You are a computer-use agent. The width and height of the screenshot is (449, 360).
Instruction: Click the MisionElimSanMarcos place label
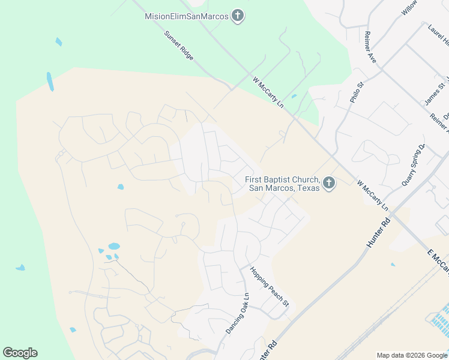pyautogui.click(x=187, y=16)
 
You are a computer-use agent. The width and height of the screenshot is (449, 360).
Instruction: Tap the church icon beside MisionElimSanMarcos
pyautogui.click(x=238, y=16)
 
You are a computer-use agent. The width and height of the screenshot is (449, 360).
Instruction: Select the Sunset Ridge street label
pyautogui.click(x=179, y=45)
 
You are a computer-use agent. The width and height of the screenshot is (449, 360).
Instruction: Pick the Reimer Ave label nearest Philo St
pyautogui.click(x=370, y=47)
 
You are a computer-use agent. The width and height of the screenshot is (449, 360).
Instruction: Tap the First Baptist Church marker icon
pyautogui.click(x=328, y=183)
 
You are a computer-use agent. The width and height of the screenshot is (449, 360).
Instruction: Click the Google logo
pyautogui.click(x=20, y=353)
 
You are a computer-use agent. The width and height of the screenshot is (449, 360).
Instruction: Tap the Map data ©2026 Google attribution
pyautogui.click(x=412, y=355)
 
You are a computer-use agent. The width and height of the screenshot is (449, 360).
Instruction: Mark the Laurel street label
pyautogui.click(x=439, y=35)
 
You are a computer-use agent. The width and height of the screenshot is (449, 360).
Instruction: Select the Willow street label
pyautogui.click(x=409, y=8)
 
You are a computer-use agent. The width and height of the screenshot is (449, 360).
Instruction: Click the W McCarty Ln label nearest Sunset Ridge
pyautogui.click(x=268, y=92)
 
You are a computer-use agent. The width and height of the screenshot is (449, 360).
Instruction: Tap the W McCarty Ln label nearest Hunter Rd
pyautogui.click(x=373, y=195)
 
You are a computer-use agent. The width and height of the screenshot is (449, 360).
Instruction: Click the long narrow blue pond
pyautogui.click(x=50, y=82)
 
